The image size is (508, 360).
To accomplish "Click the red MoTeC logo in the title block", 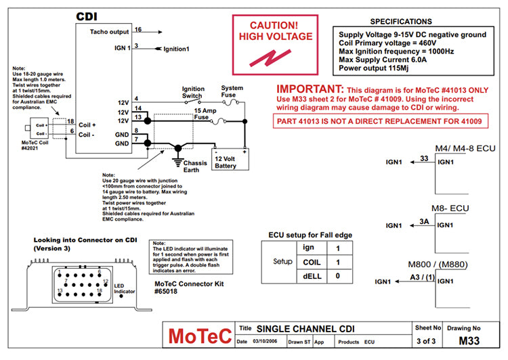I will [x=200, y=336].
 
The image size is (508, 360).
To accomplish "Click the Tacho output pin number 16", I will [x=138, y=30].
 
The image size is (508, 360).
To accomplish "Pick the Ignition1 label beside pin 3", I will [x=176, y=49].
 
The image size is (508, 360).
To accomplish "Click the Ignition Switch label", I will [x=193, y=92].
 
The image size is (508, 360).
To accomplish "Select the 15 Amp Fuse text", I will [x=207, y=114].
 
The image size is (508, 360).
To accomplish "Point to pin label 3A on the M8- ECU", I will [x=424, y=221].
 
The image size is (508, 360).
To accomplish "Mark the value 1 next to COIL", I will [x=338, y=262].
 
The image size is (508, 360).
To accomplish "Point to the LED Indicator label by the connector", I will [x=123, y=288].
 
